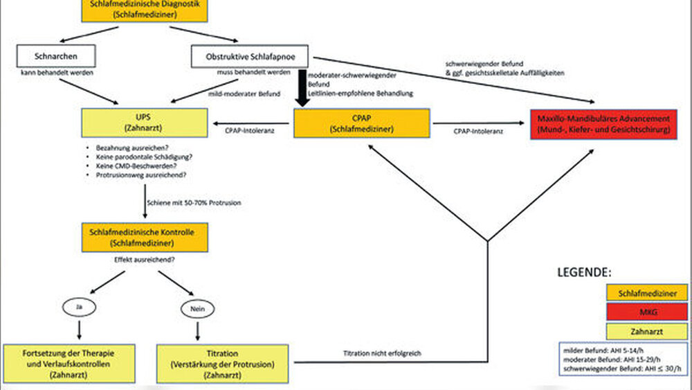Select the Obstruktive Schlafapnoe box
(247, 56)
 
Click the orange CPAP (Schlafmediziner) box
(363, 123)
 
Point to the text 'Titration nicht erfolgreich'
(383, 354)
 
